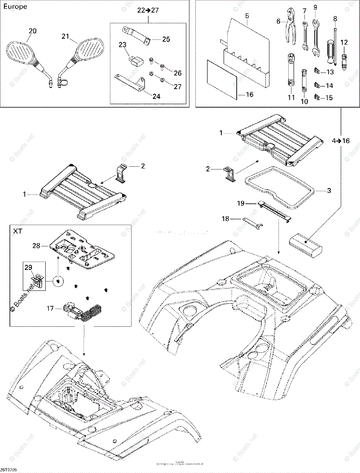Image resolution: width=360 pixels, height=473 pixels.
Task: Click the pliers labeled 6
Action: pyautogui.click(x=289, y=27)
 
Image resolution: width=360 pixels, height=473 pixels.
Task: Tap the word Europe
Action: pyautogui.click(x=15, y=7)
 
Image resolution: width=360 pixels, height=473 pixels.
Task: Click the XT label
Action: pyautogui.click(x=17, y=231)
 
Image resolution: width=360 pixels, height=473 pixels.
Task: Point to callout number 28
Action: pyautogui.click(x=37, y=246)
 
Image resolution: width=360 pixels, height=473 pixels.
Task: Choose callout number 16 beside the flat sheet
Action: pyautogui.click(x=249, y=95)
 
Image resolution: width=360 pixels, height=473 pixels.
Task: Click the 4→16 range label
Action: pyautogui.click(x=341, y=141)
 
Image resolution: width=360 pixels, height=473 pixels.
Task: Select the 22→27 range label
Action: pyautogui.click(x=148, y=11)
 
